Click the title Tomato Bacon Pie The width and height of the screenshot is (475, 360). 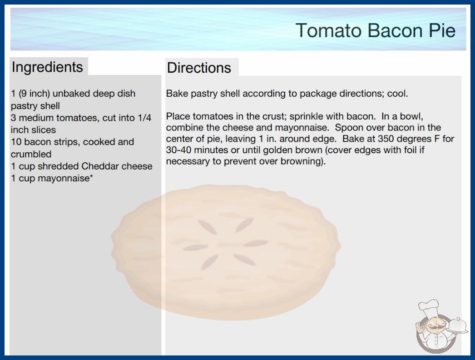click(x=376, y=30)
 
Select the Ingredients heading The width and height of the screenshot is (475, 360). click(x=47, y=67)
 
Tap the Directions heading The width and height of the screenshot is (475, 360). click(x=199, y=68)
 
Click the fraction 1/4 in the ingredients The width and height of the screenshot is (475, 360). click(x=144, y=118)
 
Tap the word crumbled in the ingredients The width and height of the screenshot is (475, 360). click(x=31, y=154)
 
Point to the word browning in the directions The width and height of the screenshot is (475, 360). click(x=300, y=161)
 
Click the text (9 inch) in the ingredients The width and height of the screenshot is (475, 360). click(x=34, y=94)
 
